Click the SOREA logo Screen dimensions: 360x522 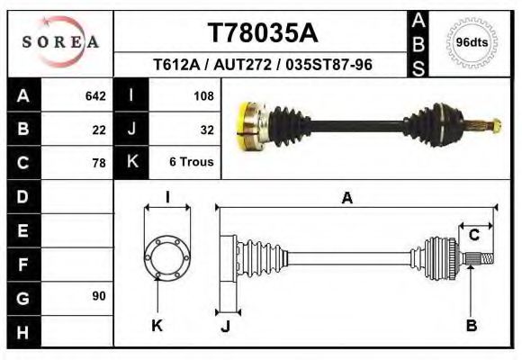(60, 42)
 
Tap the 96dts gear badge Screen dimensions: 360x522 (472, 42)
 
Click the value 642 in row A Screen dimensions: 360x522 (94, 95)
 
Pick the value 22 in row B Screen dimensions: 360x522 (99, 129)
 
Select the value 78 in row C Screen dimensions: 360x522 (99, 163)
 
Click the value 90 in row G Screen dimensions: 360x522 (98, 296)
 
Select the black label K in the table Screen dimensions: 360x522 (132, 162)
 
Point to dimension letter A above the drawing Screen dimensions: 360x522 (347, 199)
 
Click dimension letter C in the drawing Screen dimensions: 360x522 (473, 236)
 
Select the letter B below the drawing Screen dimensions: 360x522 (471, 326)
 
